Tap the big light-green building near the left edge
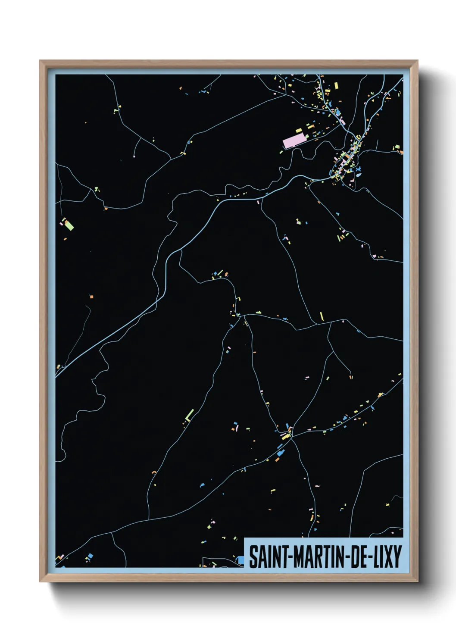pos(69,225)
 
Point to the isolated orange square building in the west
pos(91,296)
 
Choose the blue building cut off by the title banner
pos(240,560)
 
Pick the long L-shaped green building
pos(190,415)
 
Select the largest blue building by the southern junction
pos(281,453)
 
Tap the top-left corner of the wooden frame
pos(40,61)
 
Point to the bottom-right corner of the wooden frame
pos(418,581)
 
